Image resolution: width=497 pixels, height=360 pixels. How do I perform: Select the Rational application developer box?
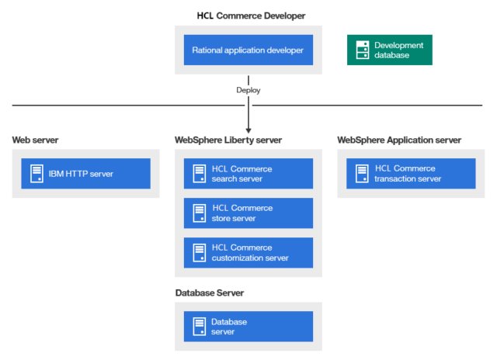pos(248,50)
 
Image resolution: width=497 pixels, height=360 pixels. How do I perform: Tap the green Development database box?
pos(389,50)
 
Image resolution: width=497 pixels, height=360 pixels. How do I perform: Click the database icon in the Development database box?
pos(361,50)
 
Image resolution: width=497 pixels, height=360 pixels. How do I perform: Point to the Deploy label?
pos(248,90)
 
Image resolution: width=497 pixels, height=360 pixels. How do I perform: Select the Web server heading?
pos(35,140)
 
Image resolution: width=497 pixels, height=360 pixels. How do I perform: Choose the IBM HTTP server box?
pos(85,174)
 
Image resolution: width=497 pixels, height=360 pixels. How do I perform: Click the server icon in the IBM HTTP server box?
pos(36,174)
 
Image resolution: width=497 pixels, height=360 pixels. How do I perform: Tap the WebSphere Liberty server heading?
pos(228,140)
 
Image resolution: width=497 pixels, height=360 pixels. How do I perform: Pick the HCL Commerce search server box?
pos(248,174)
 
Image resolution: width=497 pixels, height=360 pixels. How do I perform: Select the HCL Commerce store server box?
pos(248,213)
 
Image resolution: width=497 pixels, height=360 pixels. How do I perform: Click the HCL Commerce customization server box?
pos(248,253)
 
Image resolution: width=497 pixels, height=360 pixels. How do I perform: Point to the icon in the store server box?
pos(199,213)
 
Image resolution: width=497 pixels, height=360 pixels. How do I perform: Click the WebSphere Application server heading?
pos(399,140)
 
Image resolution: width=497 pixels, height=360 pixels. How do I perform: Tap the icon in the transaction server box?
pos(361,174)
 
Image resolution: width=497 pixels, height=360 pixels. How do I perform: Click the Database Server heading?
pos(210,292)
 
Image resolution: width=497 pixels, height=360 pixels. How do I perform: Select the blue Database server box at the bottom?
pos(248,327)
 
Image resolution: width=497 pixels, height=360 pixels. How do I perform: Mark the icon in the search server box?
pos(199,174)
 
